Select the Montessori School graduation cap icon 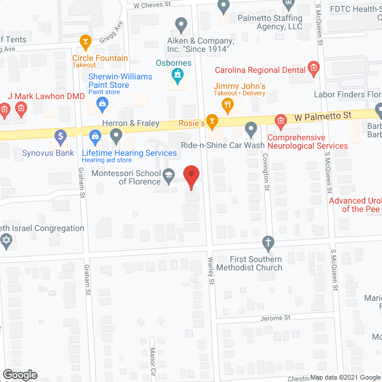[169, 175]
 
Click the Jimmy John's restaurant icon [227, 106]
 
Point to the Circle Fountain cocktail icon [85, 42]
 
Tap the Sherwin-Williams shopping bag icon [102, 104]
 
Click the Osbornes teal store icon [177, 75]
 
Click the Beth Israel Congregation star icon [7, 242]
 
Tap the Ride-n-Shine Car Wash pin [251, 128]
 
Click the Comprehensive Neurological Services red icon [280, 122]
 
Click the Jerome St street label [278, 318]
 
